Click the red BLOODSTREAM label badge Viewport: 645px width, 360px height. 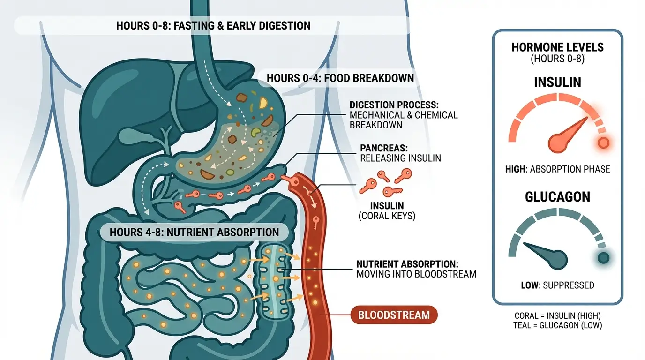pyautogui.click(x=394, y=315)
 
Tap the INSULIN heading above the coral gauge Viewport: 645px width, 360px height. pyautogui.click(x=557, y=82)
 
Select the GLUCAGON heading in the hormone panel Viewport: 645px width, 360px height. pyautogui.click(x=557, y=197)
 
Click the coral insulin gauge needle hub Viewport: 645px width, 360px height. pyautogui.click(x=558, y=141)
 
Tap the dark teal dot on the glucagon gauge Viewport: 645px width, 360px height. pyautogui.click(x=603, y=257)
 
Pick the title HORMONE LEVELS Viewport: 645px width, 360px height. pyautogui.click(x=557, y=47)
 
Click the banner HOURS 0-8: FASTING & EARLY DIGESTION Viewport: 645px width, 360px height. pyautogui.click(x=213, y=25)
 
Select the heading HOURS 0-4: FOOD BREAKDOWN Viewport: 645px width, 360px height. pyautogui.click(x=340, y=78)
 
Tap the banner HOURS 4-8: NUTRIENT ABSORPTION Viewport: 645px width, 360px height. pyautogui.click(x=194, y=232)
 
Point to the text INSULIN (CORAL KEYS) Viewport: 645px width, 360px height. pyautogui.click(x=387, y=211)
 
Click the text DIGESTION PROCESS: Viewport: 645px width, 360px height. pyautogui.click(x=397, y=105)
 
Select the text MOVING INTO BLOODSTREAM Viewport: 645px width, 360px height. pyautogui.click(x=416, y=274)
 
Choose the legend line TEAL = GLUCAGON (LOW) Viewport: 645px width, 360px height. pyautogui.click(x=558, y=325)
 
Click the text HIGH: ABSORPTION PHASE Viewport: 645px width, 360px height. pyautogui.click(x=557, y=169)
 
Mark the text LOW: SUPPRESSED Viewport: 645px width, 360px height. pyautogui.click(x=557, y=285)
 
